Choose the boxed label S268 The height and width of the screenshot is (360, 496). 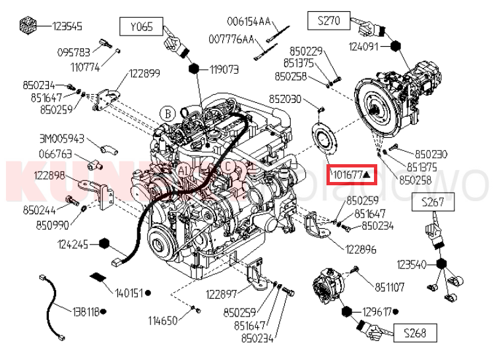point(414,334)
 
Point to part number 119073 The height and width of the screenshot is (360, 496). point(224,69)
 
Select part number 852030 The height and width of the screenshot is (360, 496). point(284,99)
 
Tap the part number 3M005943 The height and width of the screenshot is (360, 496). point(61,138)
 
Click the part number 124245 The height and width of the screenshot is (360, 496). point(73,243)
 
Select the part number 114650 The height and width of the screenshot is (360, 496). point(162,321)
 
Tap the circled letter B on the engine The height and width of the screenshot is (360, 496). point(168,113)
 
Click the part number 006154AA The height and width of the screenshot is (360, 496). point(249,22)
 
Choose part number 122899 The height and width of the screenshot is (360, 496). point(144,73)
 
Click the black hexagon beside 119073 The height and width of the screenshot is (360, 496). point(195,68)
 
